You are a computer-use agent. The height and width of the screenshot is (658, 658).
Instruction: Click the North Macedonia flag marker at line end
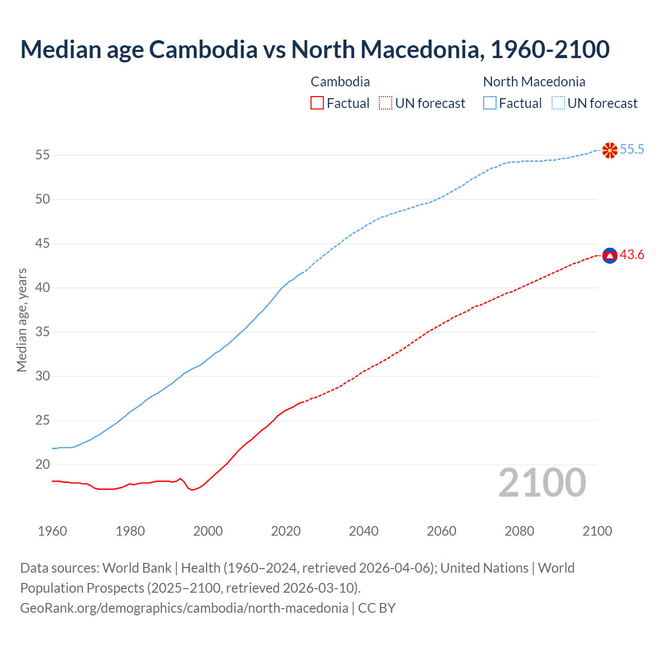coord(610,150)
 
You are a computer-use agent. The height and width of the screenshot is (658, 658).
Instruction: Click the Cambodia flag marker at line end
coord(610,255)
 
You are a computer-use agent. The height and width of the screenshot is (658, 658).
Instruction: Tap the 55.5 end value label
coord(632,150)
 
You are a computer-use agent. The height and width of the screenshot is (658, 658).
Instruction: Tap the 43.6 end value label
coord(632,255)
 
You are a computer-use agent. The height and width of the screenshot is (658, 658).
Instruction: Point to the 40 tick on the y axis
coord(43,288)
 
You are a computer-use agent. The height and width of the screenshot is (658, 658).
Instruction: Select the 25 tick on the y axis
coord(43,421)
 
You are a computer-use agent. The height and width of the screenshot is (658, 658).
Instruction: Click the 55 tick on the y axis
coord(43,155)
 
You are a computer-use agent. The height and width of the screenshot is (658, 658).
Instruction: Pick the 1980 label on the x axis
coord(130,531)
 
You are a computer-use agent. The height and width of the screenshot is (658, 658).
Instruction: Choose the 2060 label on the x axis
coord(442,531)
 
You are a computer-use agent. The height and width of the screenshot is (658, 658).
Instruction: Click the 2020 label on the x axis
coord(286,531)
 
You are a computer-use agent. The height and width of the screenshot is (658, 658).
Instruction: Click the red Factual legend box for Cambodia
coord(317,103)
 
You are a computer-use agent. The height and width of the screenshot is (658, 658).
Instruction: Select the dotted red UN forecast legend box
coord(386,103)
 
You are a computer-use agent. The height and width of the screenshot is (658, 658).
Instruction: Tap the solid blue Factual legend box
coord(490,103)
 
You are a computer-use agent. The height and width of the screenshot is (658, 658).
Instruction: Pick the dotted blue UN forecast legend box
coord(558,103)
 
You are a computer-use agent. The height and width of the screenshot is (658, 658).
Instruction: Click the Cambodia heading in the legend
coord(340,82)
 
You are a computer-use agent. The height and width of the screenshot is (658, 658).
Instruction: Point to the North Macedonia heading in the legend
coord(534,82)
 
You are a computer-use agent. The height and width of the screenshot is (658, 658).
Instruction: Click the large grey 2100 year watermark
coord(542,483)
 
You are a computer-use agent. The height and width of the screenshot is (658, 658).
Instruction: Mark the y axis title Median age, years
coord(22,320)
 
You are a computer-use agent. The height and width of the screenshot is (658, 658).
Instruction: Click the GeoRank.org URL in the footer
coord(184,608)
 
